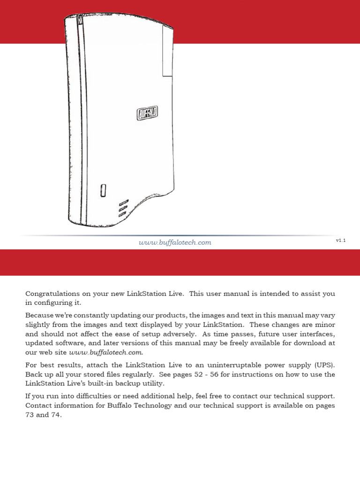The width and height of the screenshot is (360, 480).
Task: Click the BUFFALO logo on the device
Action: [x=147, y=112]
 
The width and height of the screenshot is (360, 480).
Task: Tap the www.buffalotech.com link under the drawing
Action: [x=175, y=242]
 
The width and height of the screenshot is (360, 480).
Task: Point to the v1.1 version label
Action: [x=341, y=240]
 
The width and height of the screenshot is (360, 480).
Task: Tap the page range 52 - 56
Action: [x=203, y=374]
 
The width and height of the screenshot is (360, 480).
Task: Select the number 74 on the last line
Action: [x=56, y=415]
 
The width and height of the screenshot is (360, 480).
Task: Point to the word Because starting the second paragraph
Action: [x=40, y=315]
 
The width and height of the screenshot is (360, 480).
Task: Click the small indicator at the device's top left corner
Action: [x=80, y=21]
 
